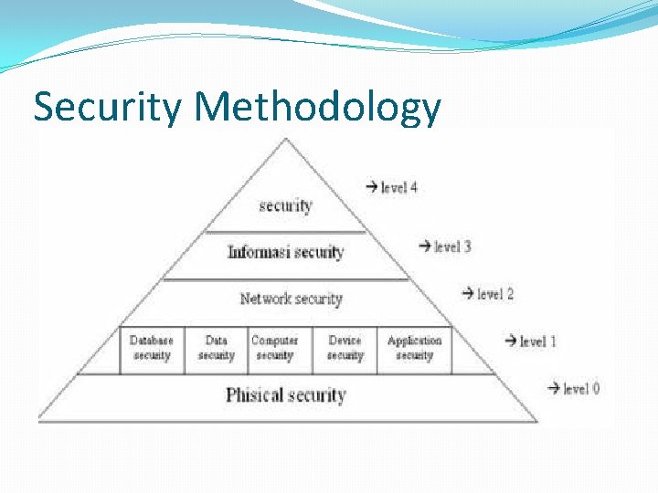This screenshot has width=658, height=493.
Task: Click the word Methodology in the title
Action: pos(317,107)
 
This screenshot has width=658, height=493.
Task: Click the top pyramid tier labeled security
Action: pos(285,205)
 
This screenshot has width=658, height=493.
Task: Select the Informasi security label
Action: pos(285,252)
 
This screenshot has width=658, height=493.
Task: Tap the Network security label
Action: pos(291,299)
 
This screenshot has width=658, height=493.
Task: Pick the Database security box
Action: pos(152,348)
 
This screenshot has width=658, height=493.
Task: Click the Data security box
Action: pos(216,348)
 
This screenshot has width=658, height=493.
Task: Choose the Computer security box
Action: pos(274,348)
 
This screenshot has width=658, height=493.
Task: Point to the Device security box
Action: pos(345,348)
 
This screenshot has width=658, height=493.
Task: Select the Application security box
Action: pos(414,348)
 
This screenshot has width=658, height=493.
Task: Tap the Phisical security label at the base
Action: pos(285,395)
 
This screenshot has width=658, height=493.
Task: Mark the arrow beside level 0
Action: pos(553,389)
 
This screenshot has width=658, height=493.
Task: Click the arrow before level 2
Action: pos(467,294)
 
